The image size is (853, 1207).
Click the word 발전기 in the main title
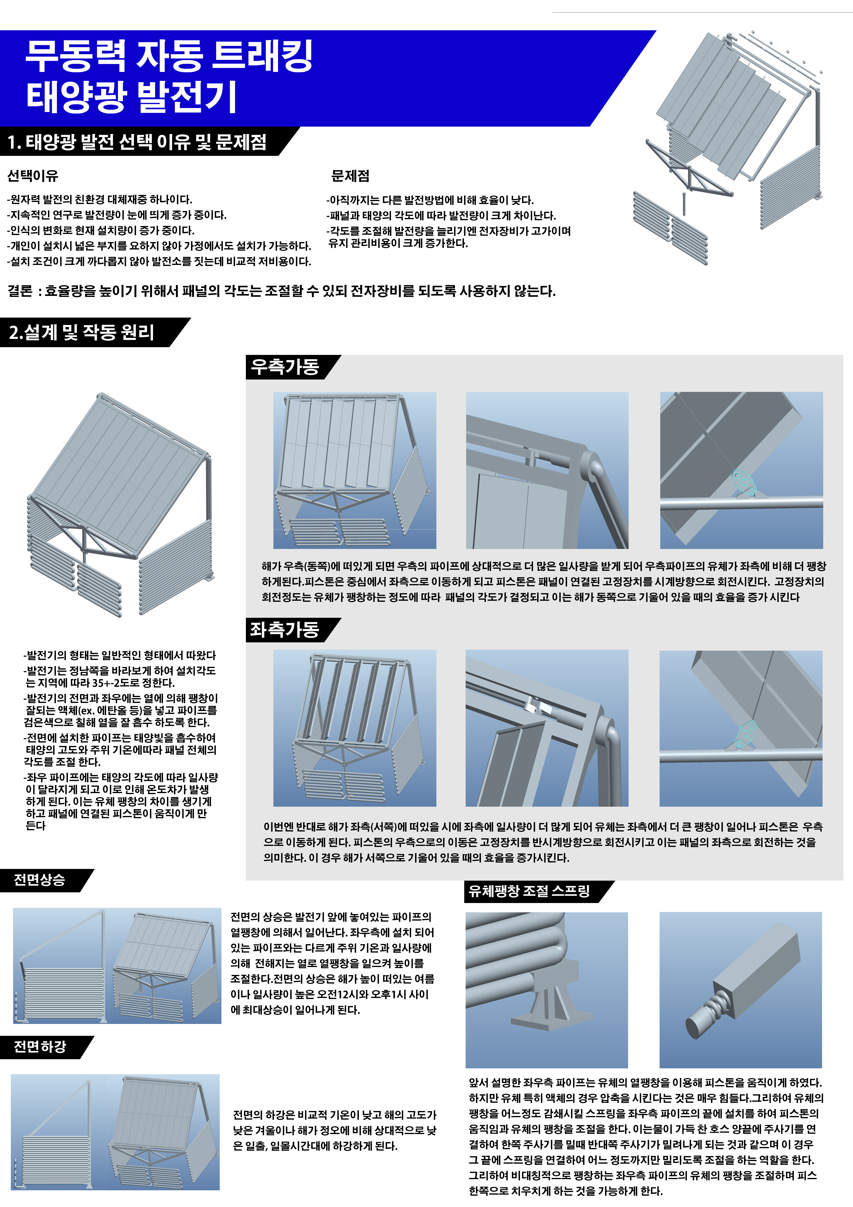(187, 97)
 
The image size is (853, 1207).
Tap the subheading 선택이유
(33, 176)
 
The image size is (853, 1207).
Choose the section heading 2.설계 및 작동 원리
(82, 332)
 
